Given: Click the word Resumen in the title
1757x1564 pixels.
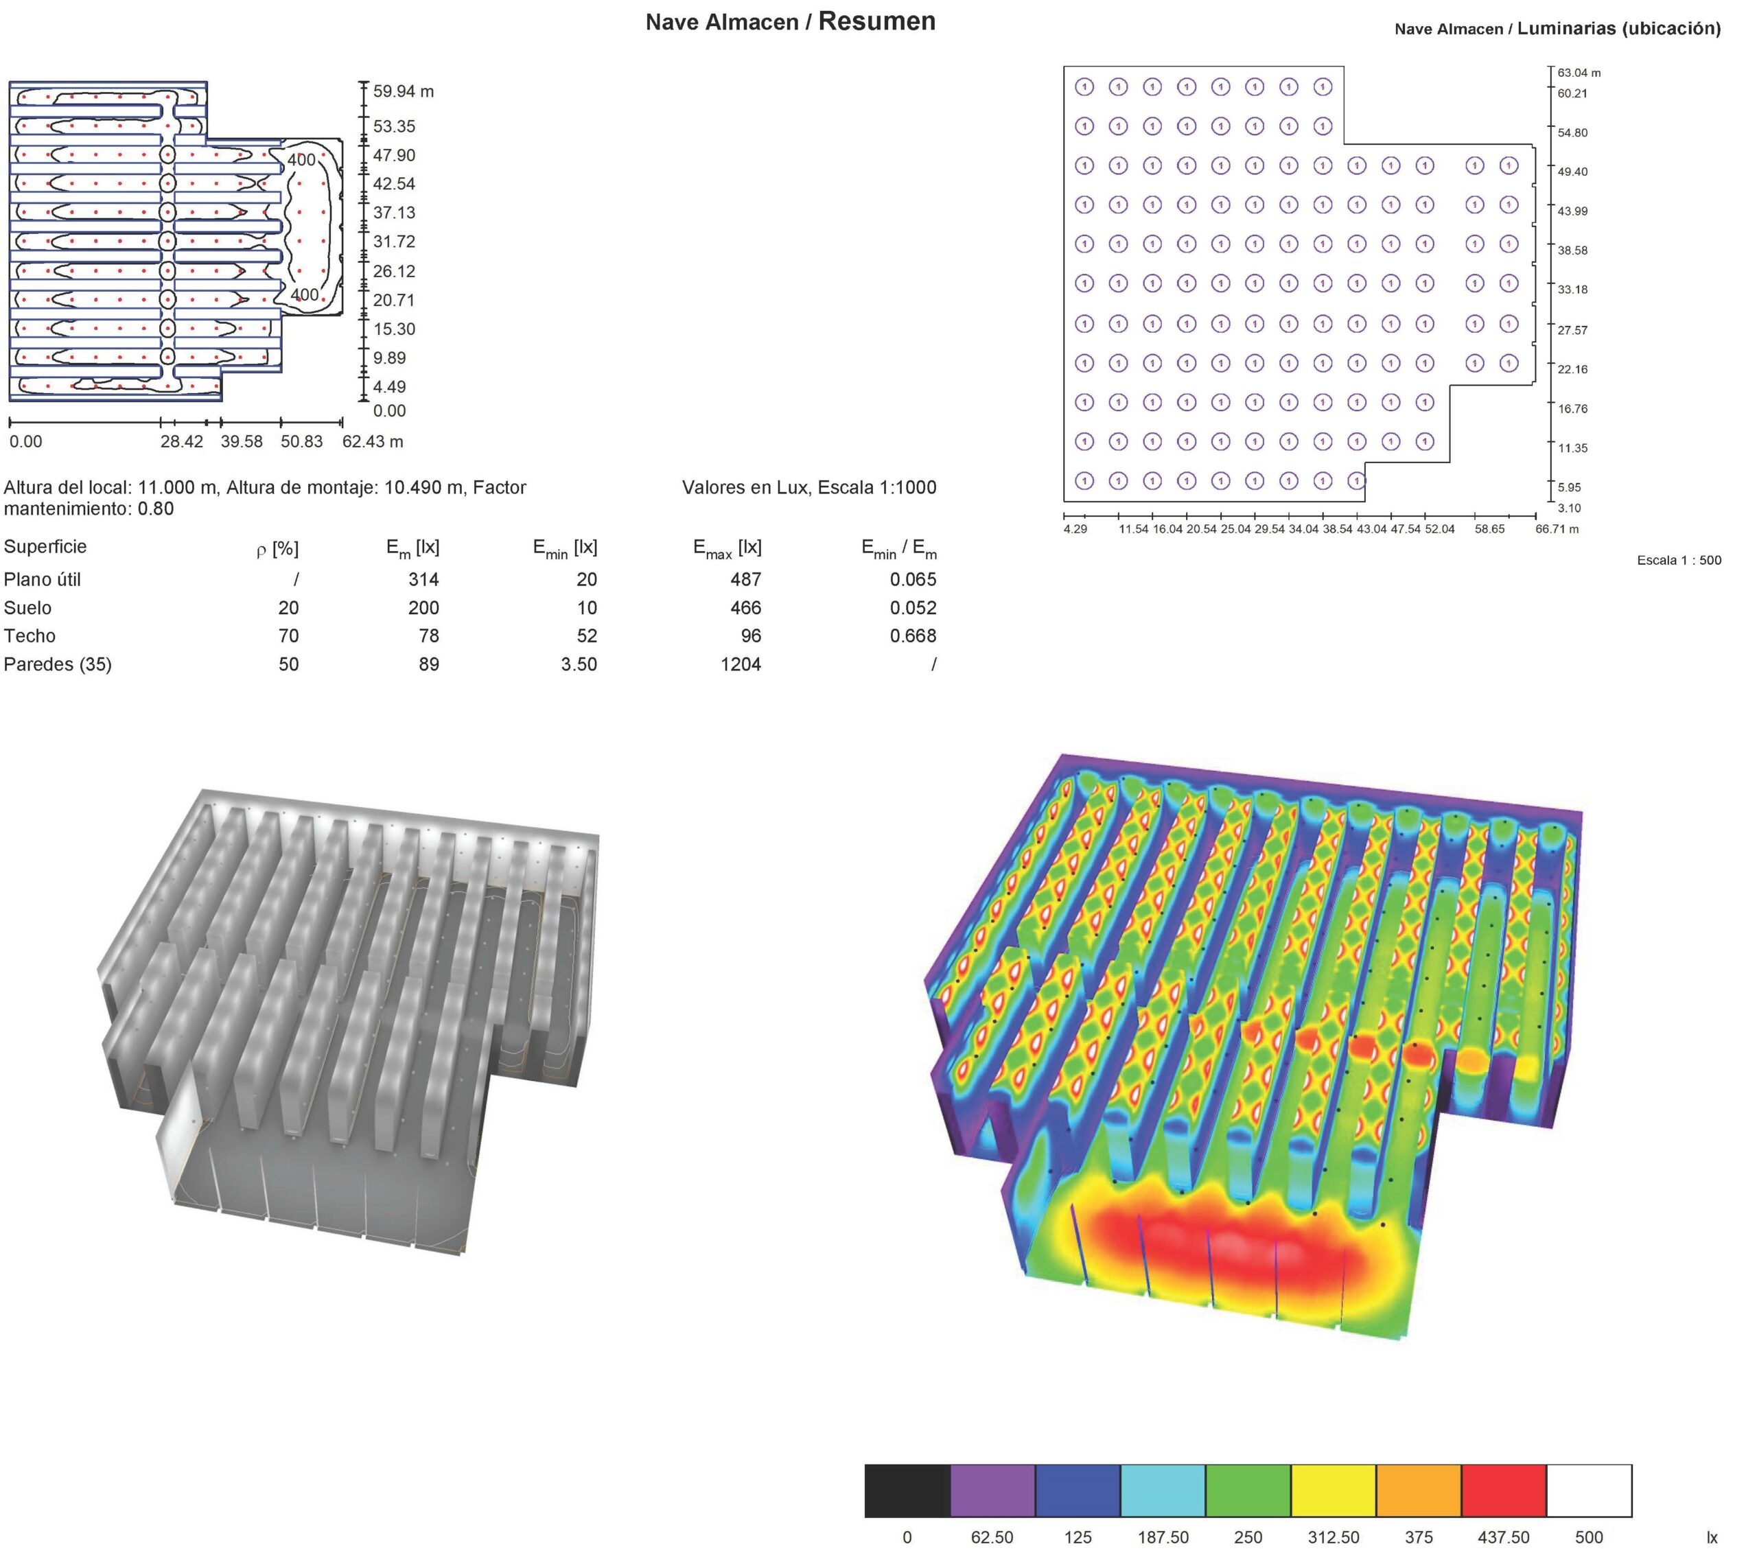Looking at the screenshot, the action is point(876,21).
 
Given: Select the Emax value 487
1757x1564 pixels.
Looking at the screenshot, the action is point(745,580).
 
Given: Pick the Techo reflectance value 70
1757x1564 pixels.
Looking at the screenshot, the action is point(289,636).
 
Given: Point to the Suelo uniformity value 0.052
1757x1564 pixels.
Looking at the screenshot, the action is point(913,609).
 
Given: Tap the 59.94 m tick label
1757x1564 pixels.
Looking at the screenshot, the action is point(403,92).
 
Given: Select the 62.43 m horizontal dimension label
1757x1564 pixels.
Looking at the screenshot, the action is point(373,442).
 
